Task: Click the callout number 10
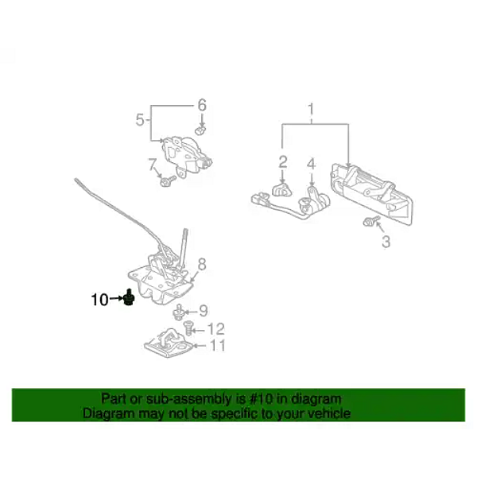99,300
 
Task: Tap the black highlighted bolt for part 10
127,299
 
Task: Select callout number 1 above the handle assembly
312,108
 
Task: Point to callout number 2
282,162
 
